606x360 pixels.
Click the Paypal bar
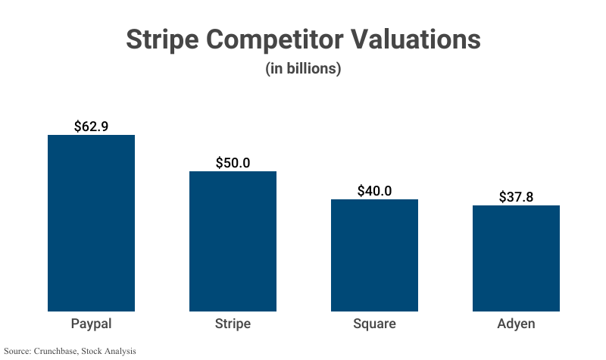[91, 223]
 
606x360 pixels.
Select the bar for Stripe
[233, 241]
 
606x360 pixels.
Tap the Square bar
[374, 255]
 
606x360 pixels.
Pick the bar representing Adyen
[516, 258]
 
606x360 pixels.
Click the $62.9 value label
[91, 127]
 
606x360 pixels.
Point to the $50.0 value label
[233, 163]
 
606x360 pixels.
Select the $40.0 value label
[374, 191]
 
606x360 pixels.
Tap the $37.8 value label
[516, 197]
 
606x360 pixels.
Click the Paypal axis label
[91, 324]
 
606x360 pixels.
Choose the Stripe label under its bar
[233, 324]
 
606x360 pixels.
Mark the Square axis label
[374, 324]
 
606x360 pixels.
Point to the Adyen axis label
[516, 324]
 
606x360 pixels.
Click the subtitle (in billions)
[303, 68]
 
